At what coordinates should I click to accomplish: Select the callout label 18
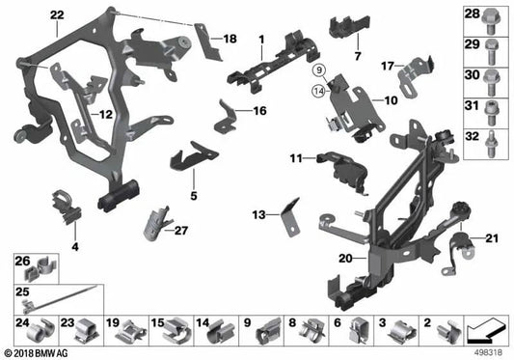point(229,38)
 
